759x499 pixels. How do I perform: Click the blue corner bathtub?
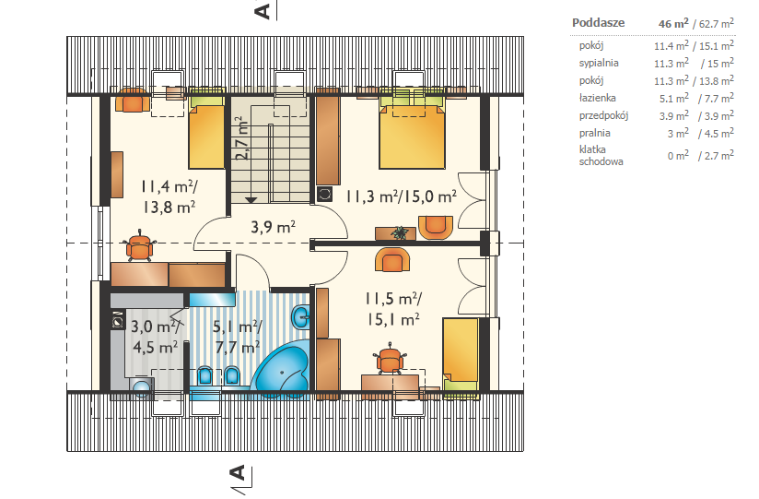(x=282, y=370)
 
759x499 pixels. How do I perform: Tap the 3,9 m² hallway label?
(x=273, y=227)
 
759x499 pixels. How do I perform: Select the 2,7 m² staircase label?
(x=242, y=138)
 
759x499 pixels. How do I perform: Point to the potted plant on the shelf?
(x=400, y=232)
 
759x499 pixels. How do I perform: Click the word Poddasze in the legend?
(x=599, y=23)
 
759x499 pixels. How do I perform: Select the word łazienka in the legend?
(x=597, y=98)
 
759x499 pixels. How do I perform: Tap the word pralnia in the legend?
(x=594, y=133)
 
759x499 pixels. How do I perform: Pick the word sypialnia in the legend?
(x=599, y=63)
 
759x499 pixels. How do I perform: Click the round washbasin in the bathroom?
(x=300, y=317)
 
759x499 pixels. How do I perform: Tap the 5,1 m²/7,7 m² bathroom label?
(x=238, y=337)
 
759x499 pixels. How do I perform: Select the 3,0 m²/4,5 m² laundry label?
(x=155, y=337)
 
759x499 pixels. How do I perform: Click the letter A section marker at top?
(x=262, y=10)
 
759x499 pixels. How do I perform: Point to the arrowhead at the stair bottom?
(x=251, y=200)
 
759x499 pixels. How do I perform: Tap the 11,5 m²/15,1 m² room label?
(x=393, y=308)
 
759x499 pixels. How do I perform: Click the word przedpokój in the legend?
(x=603, y=115)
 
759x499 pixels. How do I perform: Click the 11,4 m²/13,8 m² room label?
(x=169, y=196)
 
